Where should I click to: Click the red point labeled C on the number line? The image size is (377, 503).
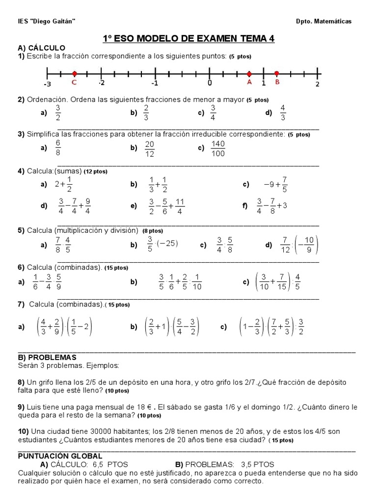click(x=74, y=74)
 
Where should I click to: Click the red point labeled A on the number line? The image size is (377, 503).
click(x=249, y=74)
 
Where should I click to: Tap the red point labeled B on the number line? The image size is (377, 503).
click(x=277, y=74)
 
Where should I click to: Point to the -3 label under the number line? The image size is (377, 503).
click(x=47, y=84)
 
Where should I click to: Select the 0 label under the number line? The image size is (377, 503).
click(x=209, y=83)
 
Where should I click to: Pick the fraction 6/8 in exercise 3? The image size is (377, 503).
click(x=57, y=148)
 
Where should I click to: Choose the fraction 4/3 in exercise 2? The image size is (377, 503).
click(x=283, y=113)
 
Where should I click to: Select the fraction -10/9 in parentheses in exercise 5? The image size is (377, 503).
click(x=308, y=244)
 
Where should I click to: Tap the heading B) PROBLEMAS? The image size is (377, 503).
click(x=47, y=357)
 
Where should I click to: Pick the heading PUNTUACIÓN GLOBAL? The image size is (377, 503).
click(x=60, y=456)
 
